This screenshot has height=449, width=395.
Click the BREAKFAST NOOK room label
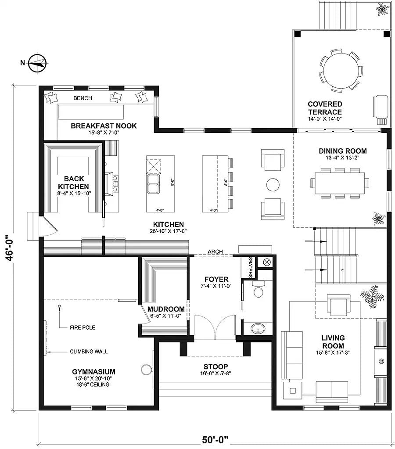(x=104, y=126)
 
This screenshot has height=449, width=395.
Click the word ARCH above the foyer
(x=215, y=251)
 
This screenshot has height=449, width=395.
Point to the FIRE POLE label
(x=83, y=327)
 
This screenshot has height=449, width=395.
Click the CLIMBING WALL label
(x=89, y=351)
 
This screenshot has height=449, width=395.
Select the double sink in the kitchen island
(x=153, y=184)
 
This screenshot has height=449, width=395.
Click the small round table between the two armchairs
(x=273, y=184)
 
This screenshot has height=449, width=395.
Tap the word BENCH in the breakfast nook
(x=83, y=98)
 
